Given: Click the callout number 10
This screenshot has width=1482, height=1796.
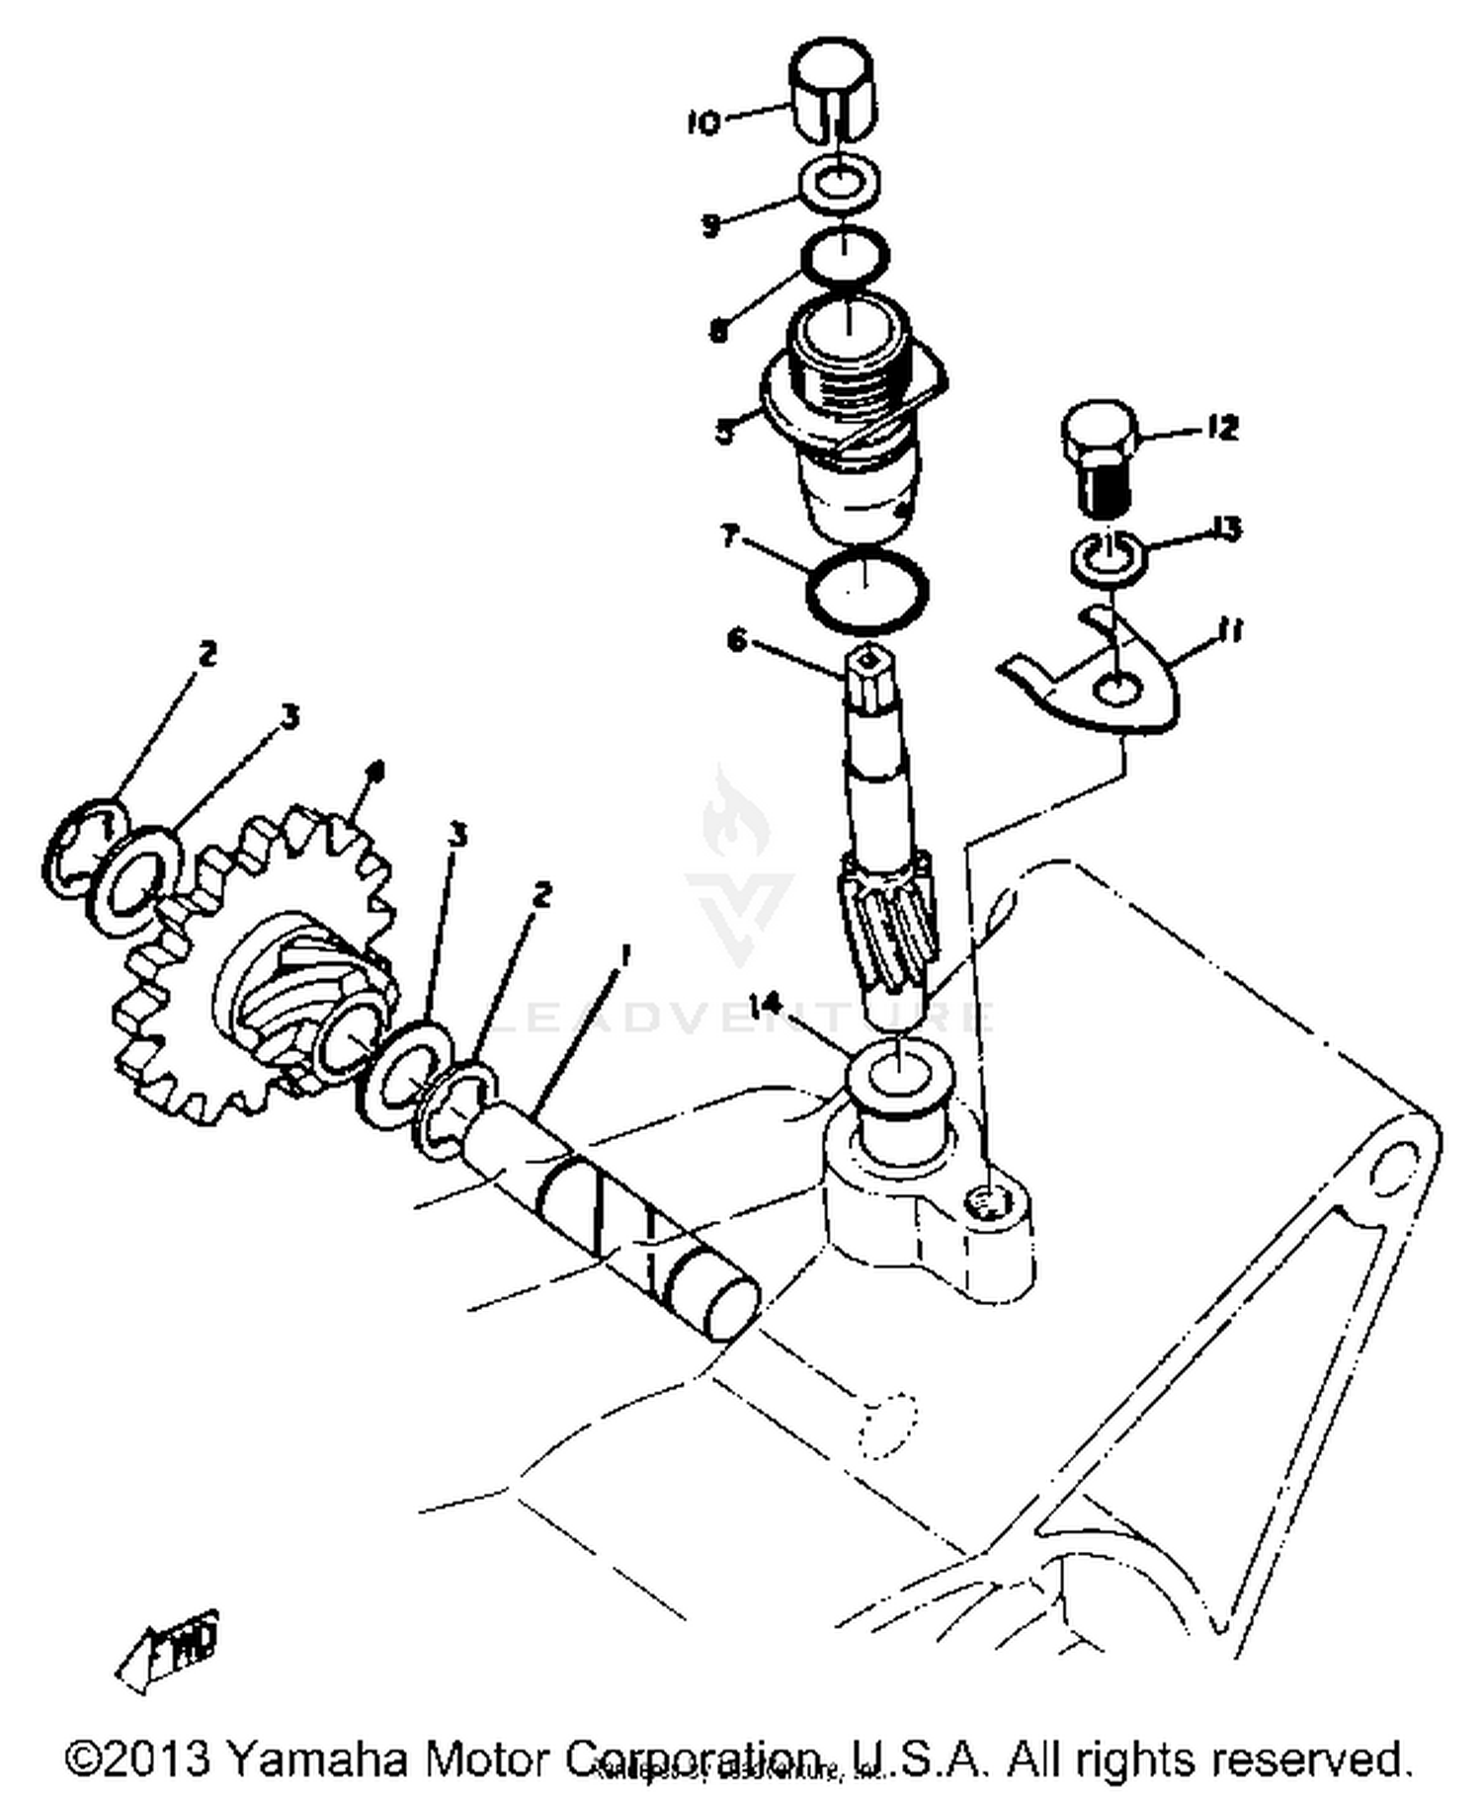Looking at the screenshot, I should coord(702,123).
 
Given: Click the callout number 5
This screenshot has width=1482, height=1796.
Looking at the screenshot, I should coord(726,432).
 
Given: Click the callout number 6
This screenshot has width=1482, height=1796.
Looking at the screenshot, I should coord(736,641).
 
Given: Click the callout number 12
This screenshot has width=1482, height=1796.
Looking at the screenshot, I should coord(1221,428).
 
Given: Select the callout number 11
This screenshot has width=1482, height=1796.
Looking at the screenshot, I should coord(1227,629).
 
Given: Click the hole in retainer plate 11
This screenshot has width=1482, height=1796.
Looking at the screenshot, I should coord(1116,690).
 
